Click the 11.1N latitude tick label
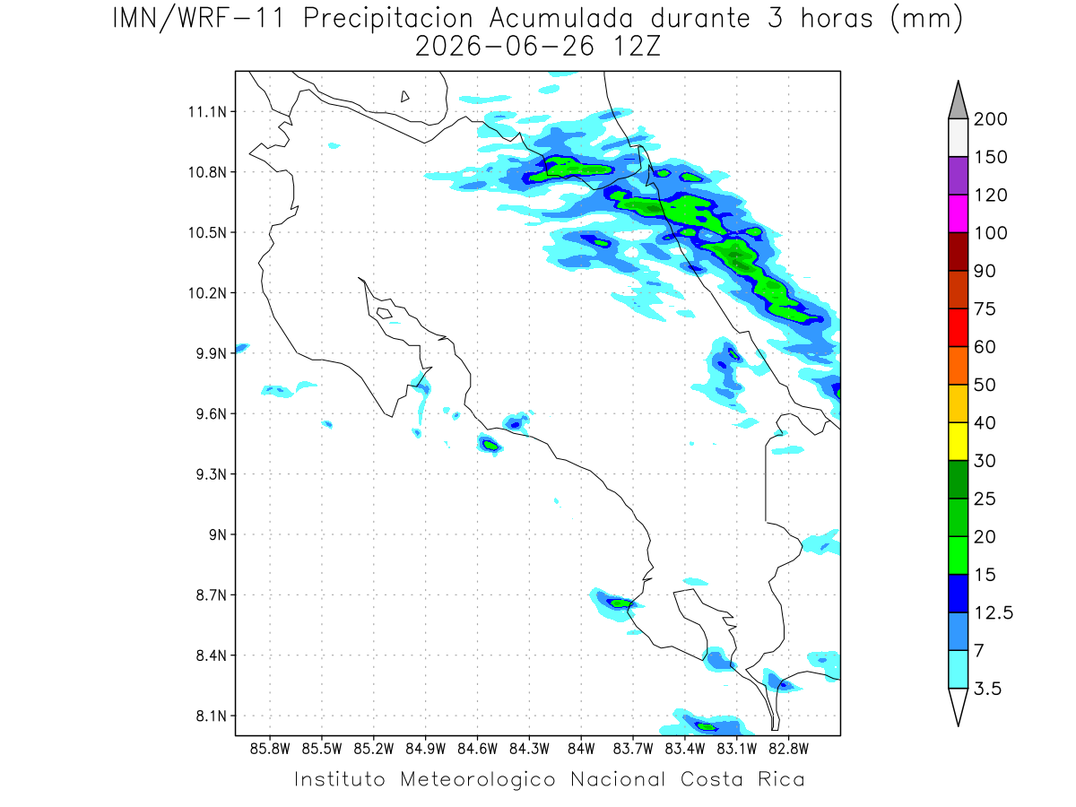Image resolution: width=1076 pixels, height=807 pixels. [x=207, y=112]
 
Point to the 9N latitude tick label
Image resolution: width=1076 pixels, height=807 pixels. [x=218, y=534]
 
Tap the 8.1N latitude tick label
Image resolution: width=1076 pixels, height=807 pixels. [x=212, y=716]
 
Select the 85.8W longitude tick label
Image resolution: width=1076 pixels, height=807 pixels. [x=270, y=750]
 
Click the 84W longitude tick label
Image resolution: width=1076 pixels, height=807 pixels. [x=581, y=750]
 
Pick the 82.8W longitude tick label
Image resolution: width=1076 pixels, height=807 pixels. [x=788, y=750]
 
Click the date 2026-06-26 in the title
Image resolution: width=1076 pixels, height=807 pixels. [x=505, y=47]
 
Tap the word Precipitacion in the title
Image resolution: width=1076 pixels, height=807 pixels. [x=388, y=19]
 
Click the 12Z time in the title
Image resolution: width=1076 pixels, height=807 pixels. [x=637, y=47]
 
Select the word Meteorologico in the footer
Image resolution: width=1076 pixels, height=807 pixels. [x=477, y=779]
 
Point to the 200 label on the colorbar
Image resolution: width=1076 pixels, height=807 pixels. [x=990, y=119]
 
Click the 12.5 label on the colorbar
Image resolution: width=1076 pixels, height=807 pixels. [x=994, y=613]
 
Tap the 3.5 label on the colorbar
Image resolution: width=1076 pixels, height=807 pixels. [x=987, y=689]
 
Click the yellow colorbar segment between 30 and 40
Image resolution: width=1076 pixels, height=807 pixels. [x=958, y=441]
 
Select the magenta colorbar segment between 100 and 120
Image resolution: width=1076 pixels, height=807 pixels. [x=958, y=213]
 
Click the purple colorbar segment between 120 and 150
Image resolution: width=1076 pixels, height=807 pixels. [x=958, y=176]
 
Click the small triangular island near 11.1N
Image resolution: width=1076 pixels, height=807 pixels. [x=404, y=97]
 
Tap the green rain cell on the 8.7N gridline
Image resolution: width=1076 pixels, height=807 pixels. [x=620, y=603]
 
